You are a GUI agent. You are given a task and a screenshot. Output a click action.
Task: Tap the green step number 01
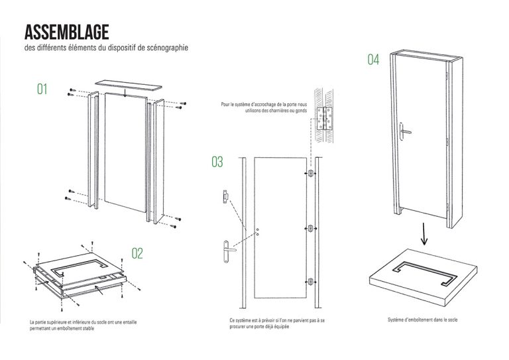pyautogui.click(x=43, y=89)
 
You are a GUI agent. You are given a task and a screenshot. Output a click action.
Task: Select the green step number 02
pyautogui.click(x=137, y=253)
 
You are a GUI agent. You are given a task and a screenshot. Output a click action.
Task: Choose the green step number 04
pyautogui.click(x=374, y=60)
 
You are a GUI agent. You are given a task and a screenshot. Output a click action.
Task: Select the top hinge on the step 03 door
pyautogui.click(x=310, y=174)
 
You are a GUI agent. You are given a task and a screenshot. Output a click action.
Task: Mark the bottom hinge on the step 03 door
pyautogui.click(x=310, y=280)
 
